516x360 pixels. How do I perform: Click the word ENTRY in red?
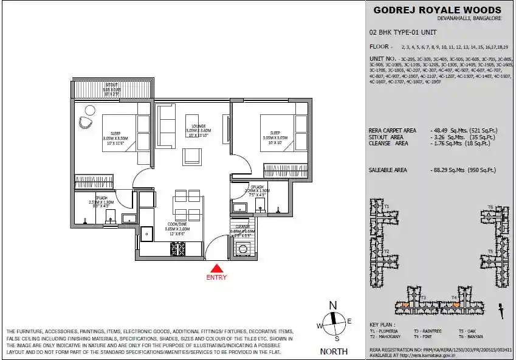coord(217,278)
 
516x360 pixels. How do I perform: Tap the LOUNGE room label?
coord(198,126)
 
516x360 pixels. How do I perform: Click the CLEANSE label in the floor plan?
coord(243,226)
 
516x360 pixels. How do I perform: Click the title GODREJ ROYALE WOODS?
coord(438,10)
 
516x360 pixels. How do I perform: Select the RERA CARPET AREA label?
coord(393,130)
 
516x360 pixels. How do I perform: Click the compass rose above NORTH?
coord(333,323)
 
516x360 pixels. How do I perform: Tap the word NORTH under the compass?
coord(334,351)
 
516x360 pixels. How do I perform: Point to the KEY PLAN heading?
coord(382,325)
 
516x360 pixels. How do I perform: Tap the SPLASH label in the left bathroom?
coord(101,198)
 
